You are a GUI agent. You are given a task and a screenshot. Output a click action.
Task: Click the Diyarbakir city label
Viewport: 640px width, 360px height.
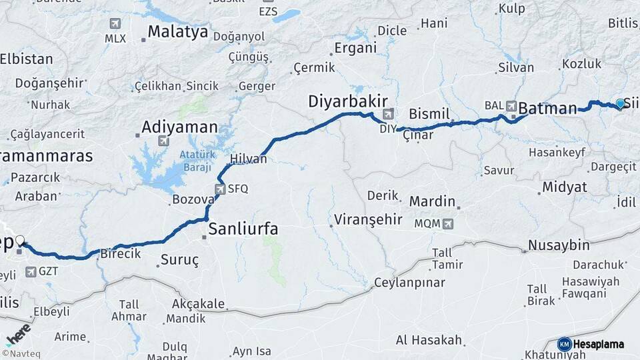[x=347, y=101]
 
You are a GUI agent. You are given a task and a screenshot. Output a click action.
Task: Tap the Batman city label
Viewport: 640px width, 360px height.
[x=547, y=108]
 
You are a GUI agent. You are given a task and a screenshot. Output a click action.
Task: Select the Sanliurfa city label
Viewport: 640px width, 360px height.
[x=243, y=229]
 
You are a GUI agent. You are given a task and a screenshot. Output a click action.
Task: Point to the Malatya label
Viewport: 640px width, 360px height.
[x=178, y=31]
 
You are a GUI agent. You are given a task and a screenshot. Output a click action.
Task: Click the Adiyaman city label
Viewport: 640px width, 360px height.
[x=180, y=127]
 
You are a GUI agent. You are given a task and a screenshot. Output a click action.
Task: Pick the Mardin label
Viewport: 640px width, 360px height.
[x=432, y=201]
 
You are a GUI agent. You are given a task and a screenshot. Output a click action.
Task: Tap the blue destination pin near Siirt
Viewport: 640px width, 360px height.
[x=620, y=103]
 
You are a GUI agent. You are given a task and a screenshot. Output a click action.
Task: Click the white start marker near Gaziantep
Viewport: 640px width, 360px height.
[x=20, y=241]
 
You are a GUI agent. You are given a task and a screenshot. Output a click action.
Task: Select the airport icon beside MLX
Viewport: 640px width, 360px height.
[x=117, y=23]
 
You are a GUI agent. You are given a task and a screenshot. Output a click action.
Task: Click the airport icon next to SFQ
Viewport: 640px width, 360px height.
[x=220, y=189]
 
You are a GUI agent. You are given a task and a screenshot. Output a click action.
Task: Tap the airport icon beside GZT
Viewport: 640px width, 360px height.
[x=31, y=272]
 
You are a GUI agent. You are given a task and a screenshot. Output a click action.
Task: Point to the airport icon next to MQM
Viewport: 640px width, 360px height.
[x=447, y=223]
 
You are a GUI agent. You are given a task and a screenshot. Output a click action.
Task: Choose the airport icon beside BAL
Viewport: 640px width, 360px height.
[x=511, y=105]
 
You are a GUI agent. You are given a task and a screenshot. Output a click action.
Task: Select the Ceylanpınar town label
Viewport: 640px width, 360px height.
[x=409, y=282]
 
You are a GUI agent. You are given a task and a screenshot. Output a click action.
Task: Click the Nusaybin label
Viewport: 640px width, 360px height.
[x=559, y=245]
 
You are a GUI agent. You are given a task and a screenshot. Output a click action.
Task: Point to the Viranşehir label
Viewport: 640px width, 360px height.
[x=368, y=219]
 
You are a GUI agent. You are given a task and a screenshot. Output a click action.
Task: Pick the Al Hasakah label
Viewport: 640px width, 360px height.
[x=429, y=340]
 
